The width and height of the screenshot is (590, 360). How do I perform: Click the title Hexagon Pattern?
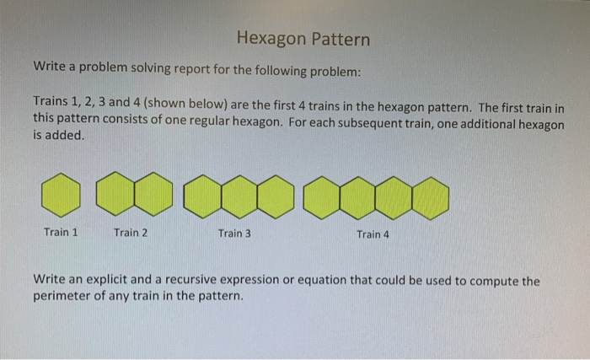coord(303,39)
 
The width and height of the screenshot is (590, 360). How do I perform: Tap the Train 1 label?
coord(61,232)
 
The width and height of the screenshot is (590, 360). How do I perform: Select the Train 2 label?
coord(131,233)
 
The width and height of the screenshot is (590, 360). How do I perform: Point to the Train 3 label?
coord(234,234)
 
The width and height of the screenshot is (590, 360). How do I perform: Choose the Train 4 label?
coord(373,234)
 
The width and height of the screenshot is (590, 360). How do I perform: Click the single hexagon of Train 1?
coord(61,195)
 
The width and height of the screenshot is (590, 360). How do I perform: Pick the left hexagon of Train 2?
coord(115,194)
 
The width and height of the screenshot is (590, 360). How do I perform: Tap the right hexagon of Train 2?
coord(153,194)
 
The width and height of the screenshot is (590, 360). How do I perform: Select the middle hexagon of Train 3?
coord(239,197)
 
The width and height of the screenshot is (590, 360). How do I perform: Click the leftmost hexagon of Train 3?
coord(203,196)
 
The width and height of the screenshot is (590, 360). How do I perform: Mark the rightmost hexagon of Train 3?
coord(276,197)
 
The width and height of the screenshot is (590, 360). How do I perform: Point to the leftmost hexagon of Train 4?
coord(322,198)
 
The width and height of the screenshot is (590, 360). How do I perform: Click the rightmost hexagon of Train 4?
coord(431,198)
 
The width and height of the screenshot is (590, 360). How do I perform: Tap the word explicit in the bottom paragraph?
coord(107,279)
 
